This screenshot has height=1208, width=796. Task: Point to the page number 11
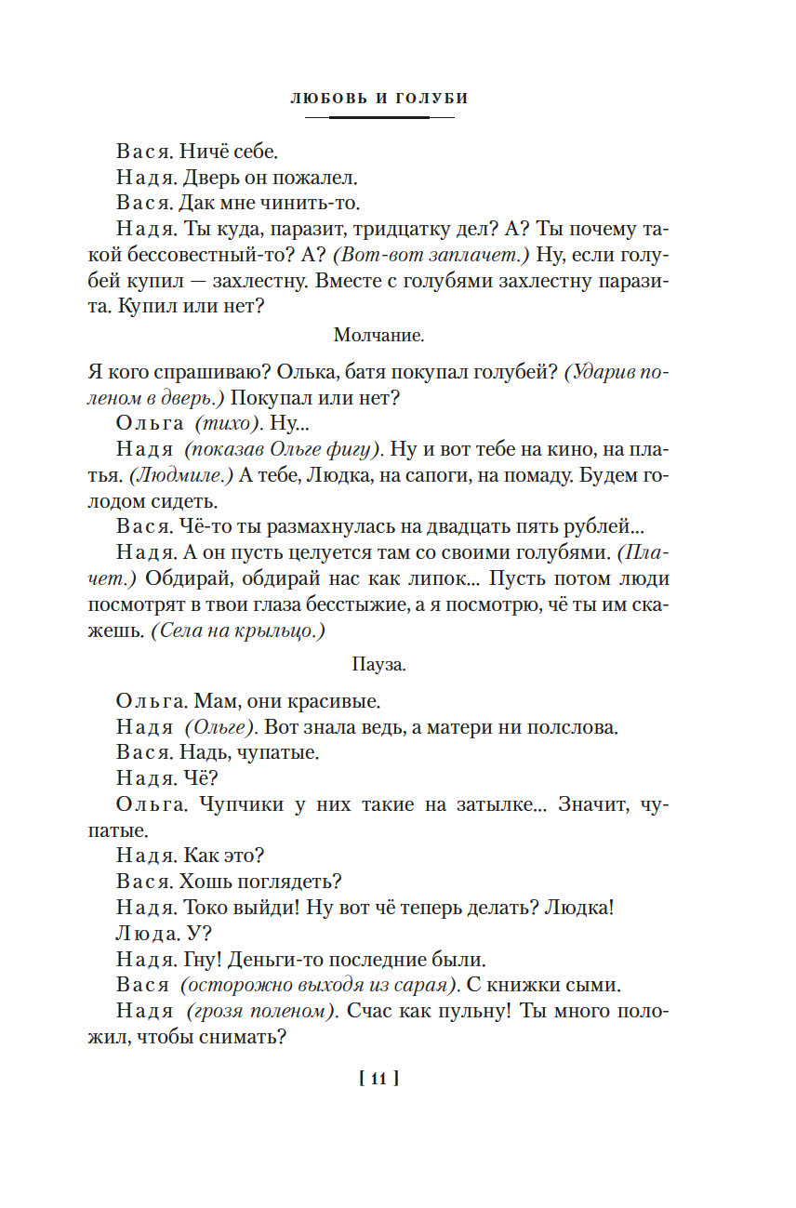[378, 1079]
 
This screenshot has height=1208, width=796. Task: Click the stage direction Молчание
[378, 333]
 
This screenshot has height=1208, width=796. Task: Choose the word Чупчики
[237, 804]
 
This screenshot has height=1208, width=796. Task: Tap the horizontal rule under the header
[379, 118]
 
